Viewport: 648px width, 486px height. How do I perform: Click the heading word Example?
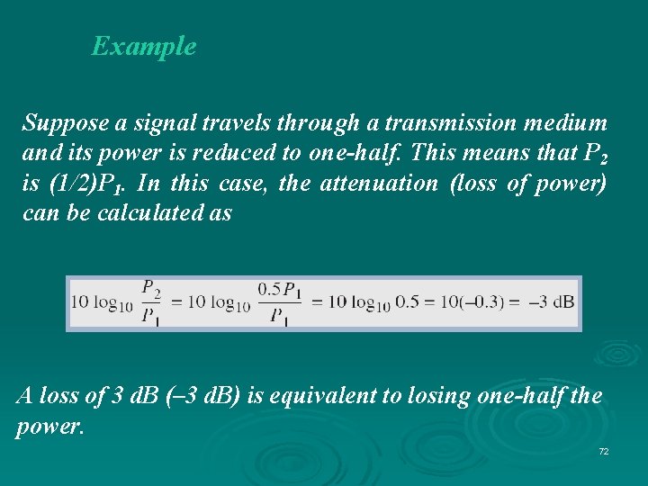144,46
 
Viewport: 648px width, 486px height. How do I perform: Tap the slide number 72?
603,450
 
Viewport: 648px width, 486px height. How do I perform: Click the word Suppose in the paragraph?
58,122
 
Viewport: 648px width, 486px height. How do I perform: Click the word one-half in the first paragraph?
355,153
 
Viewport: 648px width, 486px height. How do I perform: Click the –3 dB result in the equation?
551,301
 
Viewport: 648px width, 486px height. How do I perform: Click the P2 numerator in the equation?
151,288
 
